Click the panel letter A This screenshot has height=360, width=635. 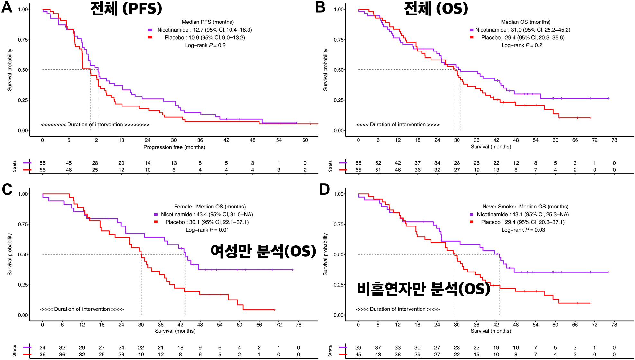7,7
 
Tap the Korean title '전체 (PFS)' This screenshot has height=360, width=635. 126,8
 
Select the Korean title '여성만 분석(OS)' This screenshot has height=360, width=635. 263,251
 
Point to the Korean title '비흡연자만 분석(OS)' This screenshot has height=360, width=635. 423,289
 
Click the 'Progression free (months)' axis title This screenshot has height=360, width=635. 174,147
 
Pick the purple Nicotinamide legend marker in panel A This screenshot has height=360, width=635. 150,30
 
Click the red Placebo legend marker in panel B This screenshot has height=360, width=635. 472,37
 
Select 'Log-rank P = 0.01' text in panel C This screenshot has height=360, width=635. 207,230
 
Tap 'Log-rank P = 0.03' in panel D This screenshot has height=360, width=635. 523,230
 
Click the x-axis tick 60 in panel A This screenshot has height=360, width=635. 305,140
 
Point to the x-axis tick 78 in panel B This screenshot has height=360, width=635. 614,140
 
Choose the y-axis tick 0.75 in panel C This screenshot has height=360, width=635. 23,224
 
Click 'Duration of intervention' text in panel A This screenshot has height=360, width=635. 95,125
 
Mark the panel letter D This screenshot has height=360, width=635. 324,189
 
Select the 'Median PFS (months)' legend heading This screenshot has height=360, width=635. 208,22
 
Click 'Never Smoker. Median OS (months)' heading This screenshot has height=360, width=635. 525,207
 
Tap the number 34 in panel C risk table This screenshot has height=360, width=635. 42,348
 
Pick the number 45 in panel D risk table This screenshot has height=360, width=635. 358,355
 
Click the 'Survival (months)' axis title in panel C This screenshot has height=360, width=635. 175,331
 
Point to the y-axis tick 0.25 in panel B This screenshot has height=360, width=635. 339,100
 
